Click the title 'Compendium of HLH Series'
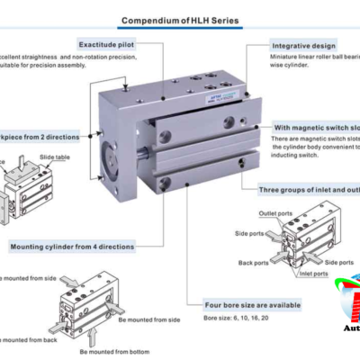(x=180, y=20)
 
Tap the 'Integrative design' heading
(x=303, y=44)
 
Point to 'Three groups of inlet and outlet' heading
(x=306, y=190)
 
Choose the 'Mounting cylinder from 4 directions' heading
(x=72, y=246)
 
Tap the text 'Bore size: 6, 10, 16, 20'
(x=229, y=320)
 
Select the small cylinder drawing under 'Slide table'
(x=27, y=190)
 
